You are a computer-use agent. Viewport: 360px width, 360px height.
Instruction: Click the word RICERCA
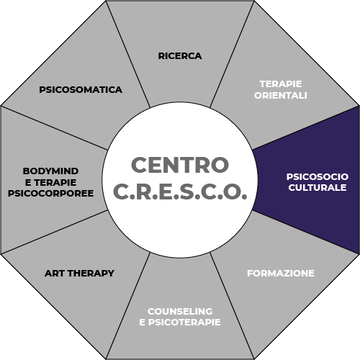(x=180, y=56)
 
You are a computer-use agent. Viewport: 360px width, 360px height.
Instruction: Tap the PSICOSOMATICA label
(x=81, y=90)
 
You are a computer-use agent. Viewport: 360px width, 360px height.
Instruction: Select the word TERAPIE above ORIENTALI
(x=281, y=84)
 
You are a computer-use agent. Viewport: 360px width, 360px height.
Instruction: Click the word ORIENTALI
(x=281, y=96)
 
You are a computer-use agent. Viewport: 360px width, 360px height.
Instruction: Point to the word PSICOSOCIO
(x=318, y=177)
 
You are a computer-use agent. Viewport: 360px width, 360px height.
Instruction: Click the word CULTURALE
(x=318, y=188)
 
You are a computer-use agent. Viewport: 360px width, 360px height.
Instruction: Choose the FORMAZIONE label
(x=281, y=274)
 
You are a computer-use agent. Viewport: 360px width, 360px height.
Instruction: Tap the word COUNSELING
(x=180, y=311)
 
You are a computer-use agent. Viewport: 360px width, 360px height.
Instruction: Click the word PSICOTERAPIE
(x=184, y=323)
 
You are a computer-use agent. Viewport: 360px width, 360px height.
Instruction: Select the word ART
(x=55, y=274)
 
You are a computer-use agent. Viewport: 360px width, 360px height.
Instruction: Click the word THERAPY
(x=91, y=274)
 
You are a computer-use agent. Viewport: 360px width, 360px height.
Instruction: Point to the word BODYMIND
(x=50, y=171)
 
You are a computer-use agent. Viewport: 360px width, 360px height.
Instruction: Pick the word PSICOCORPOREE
(x=50, y=194)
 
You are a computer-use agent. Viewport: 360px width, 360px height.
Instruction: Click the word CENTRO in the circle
(x=180, y=165)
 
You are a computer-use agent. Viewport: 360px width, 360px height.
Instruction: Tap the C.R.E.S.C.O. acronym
(x=180, y=192)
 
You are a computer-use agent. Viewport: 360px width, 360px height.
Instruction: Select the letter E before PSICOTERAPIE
(x=142, y=323)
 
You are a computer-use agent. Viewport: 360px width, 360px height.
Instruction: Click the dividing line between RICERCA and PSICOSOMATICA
(x=128, y=54)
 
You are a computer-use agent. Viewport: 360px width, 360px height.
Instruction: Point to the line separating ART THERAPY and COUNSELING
(x=128, y=306)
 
